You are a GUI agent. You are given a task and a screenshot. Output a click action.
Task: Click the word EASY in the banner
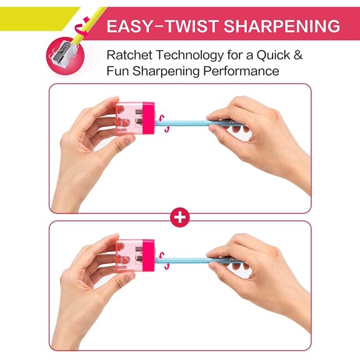[x=130, y=26]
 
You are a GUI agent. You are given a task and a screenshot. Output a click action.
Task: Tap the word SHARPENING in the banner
[x=282, y=26]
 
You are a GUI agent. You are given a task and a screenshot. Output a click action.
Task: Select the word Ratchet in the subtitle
[x=130, y=55]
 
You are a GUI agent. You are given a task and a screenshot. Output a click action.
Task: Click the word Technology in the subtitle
[x=190, y=56]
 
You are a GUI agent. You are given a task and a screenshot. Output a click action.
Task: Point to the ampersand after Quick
[x=297, y=55]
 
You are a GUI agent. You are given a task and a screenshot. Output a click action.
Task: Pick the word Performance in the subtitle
[x=241, y=71]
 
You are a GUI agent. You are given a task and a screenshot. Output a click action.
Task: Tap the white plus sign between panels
[x=180, y=217]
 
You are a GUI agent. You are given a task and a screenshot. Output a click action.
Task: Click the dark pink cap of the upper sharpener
[x=148, y=118]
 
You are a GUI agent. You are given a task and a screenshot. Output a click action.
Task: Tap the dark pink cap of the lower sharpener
[x=148, y=255]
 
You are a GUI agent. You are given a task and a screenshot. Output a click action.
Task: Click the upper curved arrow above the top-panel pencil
[x=162, y=118]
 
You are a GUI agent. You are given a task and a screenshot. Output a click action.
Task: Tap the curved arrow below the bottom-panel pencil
[x=167, y=266]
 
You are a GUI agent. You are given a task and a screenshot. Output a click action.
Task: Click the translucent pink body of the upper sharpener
[x=129, y=118]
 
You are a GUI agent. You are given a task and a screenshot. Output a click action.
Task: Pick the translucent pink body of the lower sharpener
[x=129, y=255]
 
